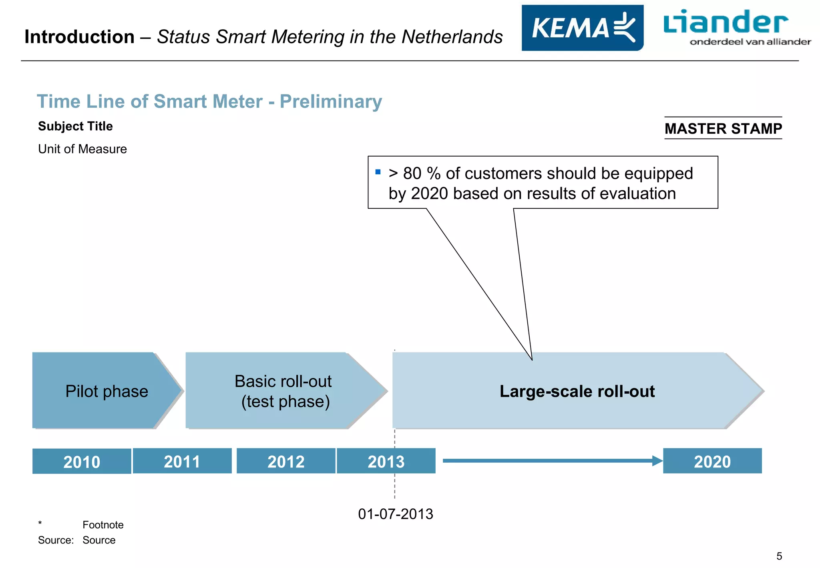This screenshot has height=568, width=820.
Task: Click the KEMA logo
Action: (x=582, y=28)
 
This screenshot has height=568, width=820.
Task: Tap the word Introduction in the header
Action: (x=79, y=37)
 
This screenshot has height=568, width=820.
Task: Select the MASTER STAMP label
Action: (x=723, y=129)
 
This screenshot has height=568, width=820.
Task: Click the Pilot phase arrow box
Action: (x=107, y=391)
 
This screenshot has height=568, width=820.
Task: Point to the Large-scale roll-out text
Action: (x=577, y=391)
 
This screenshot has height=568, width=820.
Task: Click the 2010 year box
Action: (x=82, y=461)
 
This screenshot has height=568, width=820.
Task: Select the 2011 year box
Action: (x=182, y=461)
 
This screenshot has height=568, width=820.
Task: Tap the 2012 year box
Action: (x=286, y=461)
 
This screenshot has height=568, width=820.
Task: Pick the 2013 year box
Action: (x=386, y=461)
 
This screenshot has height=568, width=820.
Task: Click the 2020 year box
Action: (x=712, y=461)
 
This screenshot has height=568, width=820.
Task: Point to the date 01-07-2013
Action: (x=396, y=514)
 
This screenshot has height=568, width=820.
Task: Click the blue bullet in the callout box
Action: (x=378, y=172)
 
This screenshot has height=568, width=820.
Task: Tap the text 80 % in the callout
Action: (x=421, y=173)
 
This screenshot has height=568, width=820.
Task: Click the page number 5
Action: (x=779, y=556)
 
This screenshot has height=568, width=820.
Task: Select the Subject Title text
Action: (x=75, y=126)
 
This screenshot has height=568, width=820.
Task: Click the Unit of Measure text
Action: (x=82, y=149)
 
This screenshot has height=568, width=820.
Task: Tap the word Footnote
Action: (x=103, y=525)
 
